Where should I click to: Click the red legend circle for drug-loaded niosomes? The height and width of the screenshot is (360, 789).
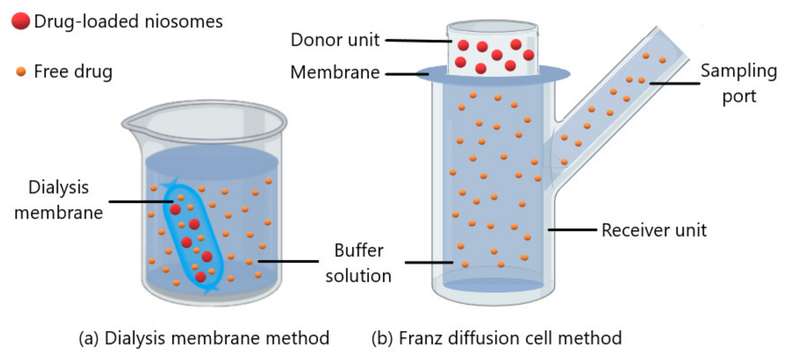point(21,21)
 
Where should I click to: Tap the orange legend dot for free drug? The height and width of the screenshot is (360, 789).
point(21,72)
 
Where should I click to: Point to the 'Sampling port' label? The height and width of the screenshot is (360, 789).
point(739,83)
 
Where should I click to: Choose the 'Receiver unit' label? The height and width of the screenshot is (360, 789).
point(654,230)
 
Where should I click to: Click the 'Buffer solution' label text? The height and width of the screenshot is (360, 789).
point(358,263)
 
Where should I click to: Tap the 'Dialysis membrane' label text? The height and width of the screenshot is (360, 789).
point(58,200)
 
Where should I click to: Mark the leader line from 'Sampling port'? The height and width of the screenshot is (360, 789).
point(675,83)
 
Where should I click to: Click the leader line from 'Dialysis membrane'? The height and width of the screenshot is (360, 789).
point(141,201)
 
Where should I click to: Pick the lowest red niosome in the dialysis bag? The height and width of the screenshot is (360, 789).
point(201,277)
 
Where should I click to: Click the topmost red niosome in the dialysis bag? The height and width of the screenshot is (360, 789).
point(175,210)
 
